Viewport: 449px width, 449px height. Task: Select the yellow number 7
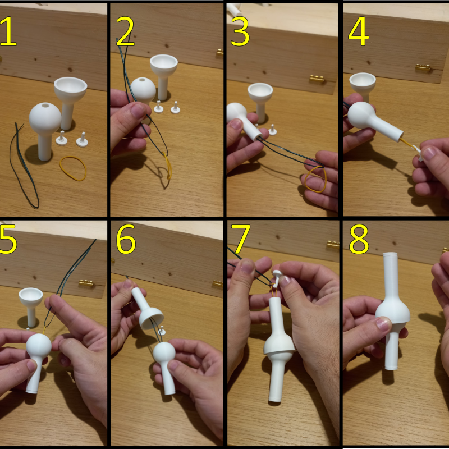240,240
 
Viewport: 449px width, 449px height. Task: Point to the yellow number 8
358,240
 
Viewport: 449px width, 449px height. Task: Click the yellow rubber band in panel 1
73,168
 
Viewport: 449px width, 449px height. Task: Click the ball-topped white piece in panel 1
45,118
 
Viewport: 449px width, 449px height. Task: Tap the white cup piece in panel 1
71,89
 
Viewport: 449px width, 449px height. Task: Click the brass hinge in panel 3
317,80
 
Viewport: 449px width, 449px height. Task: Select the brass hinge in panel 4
423,68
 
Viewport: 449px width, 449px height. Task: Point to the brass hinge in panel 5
85,283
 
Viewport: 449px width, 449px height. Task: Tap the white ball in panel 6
164,354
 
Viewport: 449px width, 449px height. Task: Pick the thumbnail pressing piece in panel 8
383,323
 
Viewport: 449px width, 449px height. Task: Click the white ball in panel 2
144,89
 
